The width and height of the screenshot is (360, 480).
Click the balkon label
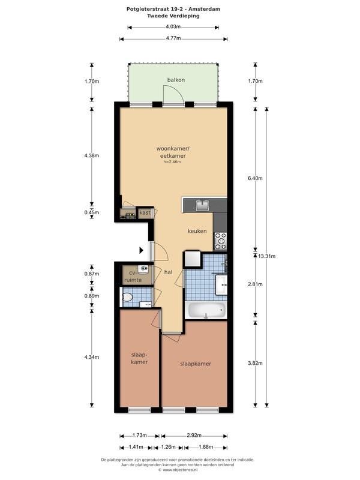pos(176,80)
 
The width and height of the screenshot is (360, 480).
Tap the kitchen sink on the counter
pos(202,205)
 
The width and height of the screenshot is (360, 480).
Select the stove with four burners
pos(220,241)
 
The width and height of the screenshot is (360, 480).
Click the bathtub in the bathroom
pos(206,310)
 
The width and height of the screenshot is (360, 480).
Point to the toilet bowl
pos(127,297)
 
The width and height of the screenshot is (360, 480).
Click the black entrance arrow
pos(142,250)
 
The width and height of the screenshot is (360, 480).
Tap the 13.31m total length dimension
pos(266,256)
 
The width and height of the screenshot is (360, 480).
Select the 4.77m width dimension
pos(173,38)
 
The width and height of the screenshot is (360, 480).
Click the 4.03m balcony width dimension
pos(173,27)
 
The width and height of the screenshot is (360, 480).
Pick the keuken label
pos(197,231)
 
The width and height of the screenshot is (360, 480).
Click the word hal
pos(169,272)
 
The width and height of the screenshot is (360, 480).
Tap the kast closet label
pos(145,212)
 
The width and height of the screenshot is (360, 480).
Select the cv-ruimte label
pos(133,276)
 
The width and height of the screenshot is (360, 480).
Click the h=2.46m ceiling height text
pos(172,162)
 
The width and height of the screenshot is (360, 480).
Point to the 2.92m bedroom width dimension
pos(194,436)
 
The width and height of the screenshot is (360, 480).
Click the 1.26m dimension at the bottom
pos(168,447)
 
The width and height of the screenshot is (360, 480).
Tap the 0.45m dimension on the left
pos(92,212)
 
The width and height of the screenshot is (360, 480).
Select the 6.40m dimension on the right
pos(255,178)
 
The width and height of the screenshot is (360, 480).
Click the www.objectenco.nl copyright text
pos(178,470)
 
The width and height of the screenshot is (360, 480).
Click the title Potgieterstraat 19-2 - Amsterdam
pos(173,9)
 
